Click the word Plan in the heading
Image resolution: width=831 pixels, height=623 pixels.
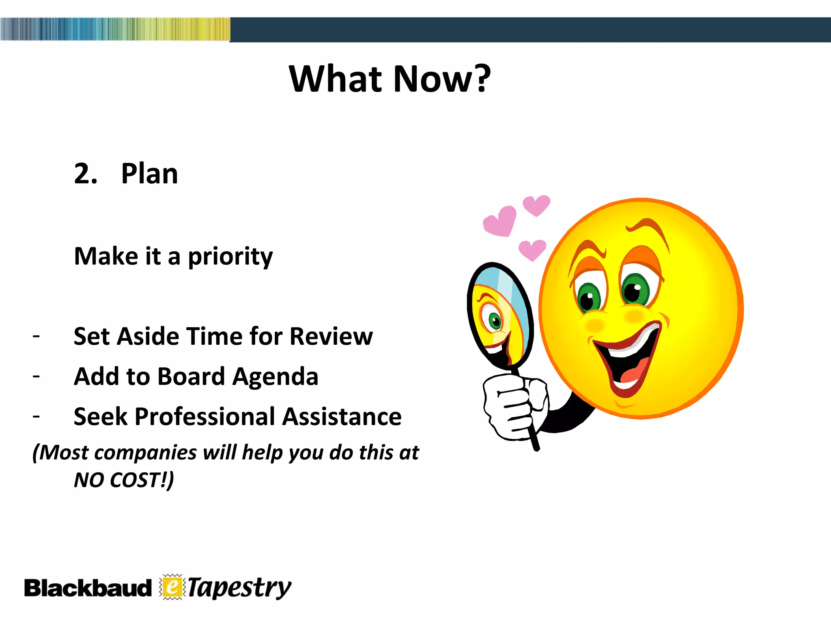point(149,174)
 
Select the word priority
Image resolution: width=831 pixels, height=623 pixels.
point(230,257)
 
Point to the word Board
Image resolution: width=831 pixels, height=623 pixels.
point(191,376)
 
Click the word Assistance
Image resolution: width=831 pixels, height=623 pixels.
point(342,417)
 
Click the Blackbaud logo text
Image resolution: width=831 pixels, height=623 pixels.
point(87,589)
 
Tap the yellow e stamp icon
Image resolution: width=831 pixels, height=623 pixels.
point(172,587)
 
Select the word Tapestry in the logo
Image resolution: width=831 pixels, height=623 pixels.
point(239,588)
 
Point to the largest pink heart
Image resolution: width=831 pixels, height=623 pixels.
point(501,221)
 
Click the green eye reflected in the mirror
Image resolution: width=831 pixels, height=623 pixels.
point(495,321)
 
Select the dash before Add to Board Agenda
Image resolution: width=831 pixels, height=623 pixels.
point(37,376)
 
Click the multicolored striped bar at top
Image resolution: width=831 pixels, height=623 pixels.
point(115,29)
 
